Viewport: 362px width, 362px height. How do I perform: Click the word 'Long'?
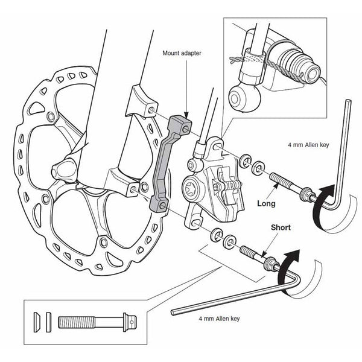(x=266, y=204)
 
